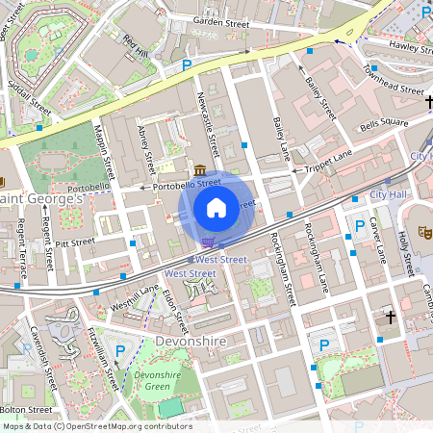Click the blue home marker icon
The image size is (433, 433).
[216, 207]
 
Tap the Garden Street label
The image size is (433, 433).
[221, 20]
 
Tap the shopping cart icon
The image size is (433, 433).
[209, 242]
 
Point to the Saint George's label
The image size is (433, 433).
[40, 198]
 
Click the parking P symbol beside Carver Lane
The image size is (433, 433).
[360, 225]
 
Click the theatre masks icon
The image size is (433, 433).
[421, 232]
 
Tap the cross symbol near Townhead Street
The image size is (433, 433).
[429, 102]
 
